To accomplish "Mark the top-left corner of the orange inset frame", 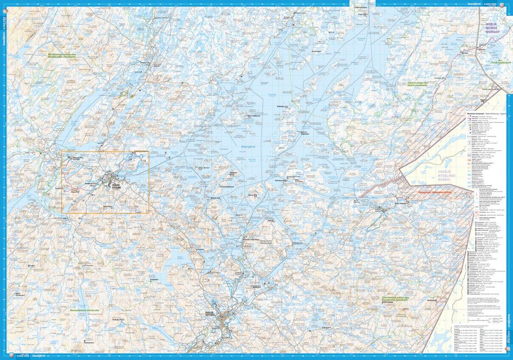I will pyautogui.click(x=62, y=151).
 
